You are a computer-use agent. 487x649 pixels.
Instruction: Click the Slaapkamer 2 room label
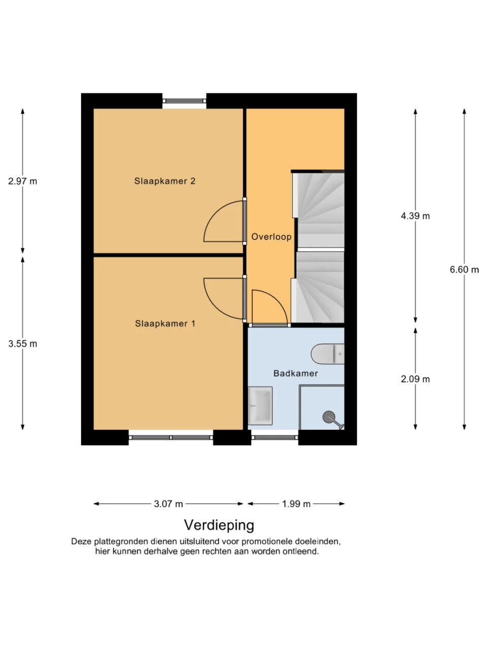tap(164, 181)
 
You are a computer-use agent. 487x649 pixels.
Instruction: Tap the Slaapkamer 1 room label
tap(165, 323)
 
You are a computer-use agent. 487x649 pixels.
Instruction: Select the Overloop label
tap(271, 237)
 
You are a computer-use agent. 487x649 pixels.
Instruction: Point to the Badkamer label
tap(295, 373)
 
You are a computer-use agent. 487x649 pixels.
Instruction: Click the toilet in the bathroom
tap(328, 354)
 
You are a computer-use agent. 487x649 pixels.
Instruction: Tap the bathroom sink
tap(260, 406)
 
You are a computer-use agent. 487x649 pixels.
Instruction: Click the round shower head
tap(329, 417)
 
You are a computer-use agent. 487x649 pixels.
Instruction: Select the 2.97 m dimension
tap(22, 181)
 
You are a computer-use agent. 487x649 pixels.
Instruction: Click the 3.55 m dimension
tap(22, 344)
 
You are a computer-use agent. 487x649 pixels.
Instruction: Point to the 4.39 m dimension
tap(415, 216)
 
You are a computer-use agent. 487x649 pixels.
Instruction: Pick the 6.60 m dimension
tap(464, 270)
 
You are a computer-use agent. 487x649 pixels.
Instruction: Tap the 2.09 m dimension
tap(415, 379)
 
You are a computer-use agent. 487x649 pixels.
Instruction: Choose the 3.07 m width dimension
tap(168, 504)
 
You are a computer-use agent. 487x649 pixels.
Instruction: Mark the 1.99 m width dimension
tap(296, 504)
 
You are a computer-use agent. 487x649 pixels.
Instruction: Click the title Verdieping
tap(219, 525)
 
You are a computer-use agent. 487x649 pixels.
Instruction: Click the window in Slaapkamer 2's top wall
tap(184, 101)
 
